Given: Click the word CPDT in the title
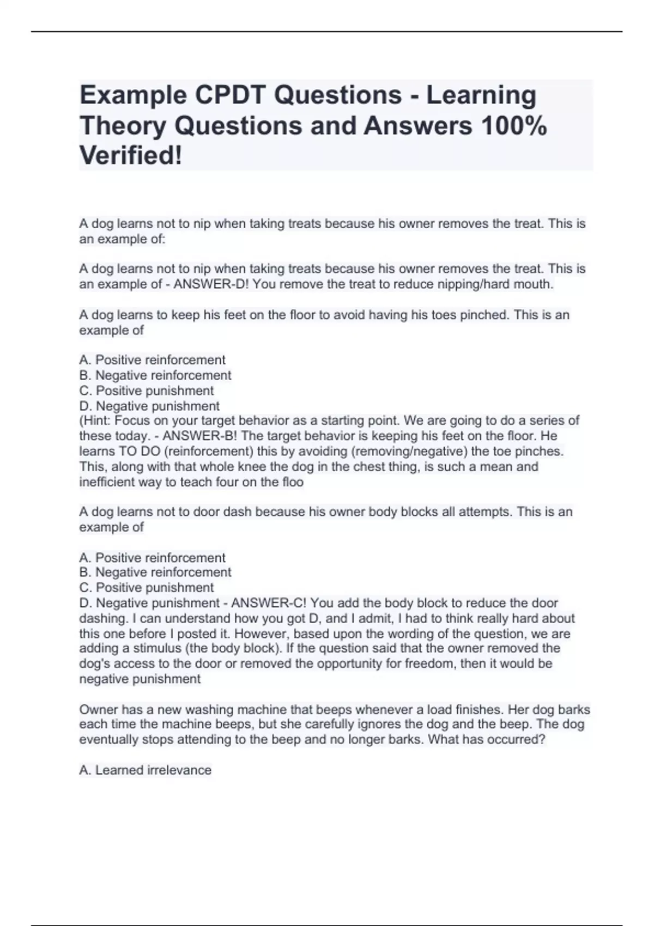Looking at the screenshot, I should coord(229,95).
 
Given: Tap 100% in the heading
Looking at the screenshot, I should coord(513,126).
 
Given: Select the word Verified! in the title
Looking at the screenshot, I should coord(131,156).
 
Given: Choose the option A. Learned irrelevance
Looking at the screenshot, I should coord(145,770).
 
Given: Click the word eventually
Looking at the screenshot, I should coord(108,740).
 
